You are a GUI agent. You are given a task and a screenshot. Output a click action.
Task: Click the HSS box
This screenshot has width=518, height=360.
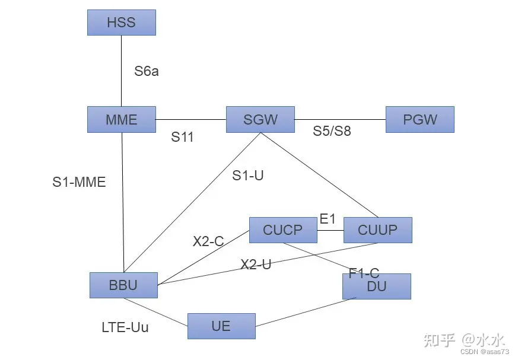(121, 23)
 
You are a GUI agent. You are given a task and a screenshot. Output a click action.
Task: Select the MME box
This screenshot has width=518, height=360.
(121, 119)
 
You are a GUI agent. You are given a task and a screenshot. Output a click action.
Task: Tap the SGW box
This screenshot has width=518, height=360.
(260, 119)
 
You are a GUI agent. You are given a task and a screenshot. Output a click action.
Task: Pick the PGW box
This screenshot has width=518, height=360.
(420, 119)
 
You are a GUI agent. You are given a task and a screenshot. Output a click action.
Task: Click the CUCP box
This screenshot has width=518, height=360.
(282, 230)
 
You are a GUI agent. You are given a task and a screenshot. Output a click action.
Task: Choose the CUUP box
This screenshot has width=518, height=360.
(377, 230)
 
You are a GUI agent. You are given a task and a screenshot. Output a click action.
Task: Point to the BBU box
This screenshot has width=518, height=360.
(123, 285)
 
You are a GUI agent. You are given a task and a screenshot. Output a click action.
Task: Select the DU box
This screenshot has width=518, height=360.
(376, 287)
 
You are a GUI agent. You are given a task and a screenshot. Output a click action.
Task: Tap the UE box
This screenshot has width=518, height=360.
(221, 326)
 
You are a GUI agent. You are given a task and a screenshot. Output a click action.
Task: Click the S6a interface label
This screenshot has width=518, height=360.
(147, 72)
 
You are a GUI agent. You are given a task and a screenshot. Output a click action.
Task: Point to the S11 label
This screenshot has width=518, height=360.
(183, 138)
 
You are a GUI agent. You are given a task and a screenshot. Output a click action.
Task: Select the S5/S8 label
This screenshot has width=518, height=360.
(332, 131)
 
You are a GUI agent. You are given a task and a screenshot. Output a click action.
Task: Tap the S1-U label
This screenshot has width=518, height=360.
(247, 176)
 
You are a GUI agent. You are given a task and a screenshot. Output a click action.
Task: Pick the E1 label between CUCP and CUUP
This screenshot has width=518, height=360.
(328, 219)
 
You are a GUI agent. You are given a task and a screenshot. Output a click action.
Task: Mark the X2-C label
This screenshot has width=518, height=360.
(208, 241)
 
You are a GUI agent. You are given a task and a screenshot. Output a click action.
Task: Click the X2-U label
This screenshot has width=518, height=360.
(256, 265)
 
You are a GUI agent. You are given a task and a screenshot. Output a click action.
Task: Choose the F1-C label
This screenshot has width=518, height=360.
(364, 273)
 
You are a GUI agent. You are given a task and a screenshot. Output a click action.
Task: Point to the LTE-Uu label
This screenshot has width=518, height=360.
(125, 327)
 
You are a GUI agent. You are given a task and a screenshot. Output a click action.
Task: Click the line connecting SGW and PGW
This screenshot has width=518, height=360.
(340, 119)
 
